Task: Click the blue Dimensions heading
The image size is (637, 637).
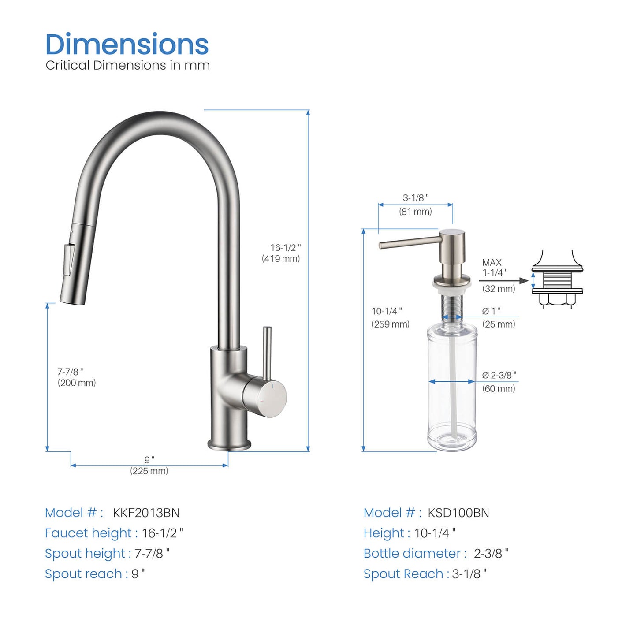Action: (127, 45)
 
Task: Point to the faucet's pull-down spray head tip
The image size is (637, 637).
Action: (71, 295)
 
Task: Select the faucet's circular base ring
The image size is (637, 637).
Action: (229, 445)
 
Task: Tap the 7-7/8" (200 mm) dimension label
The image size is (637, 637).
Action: (76, 377)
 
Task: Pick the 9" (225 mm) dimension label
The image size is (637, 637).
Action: (149, 466)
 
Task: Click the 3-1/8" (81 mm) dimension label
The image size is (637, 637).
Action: (415, 205)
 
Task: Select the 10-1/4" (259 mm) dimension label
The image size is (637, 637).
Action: (390, 317)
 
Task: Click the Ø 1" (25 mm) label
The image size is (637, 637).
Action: (498, 317)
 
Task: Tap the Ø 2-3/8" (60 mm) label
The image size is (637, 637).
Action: (499, 381)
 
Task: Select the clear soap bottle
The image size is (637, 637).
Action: (452, 388)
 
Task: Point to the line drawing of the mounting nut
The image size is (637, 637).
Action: (557, 280)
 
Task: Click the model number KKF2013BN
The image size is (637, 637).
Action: (146, 513)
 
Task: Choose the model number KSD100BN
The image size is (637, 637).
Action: (458, 513)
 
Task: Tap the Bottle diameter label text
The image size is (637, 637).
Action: (414, 553)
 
